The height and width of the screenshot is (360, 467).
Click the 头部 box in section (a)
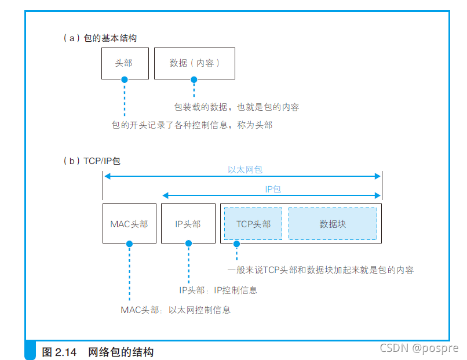coord(125,63)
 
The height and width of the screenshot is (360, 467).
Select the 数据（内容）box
coord(194,63)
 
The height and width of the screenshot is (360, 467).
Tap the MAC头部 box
coord(129,223)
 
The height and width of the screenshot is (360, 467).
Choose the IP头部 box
coord(188,223)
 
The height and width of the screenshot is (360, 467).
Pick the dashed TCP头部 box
coord(253,223)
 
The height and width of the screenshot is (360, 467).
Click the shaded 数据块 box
coord(333,223)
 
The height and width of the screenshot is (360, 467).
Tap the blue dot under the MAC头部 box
coord(129,244)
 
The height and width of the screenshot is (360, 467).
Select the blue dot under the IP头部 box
coord(188,244)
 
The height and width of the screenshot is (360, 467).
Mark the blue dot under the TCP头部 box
coord(236,244)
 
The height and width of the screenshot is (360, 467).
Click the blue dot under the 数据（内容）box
coord(194,79)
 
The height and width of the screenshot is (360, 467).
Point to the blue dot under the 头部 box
coord(124,79)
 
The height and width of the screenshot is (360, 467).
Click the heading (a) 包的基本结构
coord(100,38)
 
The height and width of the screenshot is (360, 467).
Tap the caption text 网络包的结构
coord(121,352)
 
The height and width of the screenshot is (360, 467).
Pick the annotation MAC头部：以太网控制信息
coord(176,310)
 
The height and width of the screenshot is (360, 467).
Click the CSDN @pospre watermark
coord(418,348)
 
